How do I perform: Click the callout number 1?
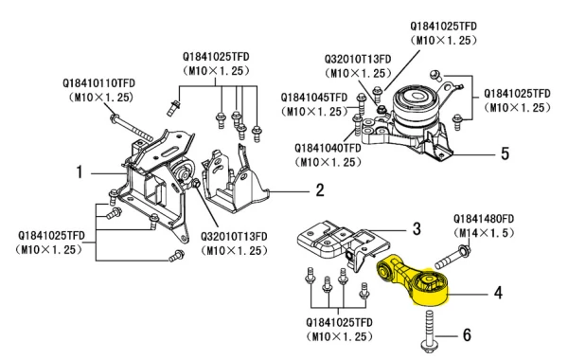pos(80,171)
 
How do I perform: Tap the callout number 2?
pos(320,190)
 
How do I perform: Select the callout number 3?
pos(417,228)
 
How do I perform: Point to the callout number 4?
pos(499,292)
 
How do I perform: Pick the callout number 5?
pos(506,153)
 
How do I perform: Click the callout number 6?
pos(468,335)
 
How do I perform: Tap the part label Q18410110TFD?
pos(98,83)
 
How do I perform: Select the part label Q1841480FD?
pos(484,219)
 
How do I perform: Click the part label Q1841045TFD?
pos(314,98)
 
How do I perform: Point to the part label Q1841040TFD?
pos(328,149)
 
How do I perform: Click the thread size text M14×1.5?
pos(484,233)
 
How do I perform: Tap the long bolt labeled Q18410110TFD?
pos(131,128)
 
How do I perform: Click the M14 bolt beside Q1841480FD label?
pos(453,257)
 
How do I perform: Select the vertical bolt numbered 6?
pos(429,331)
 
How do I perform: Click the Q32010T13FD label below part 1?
pos(234,237)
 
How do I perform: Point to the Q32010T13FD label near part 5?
pos(358,59)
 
